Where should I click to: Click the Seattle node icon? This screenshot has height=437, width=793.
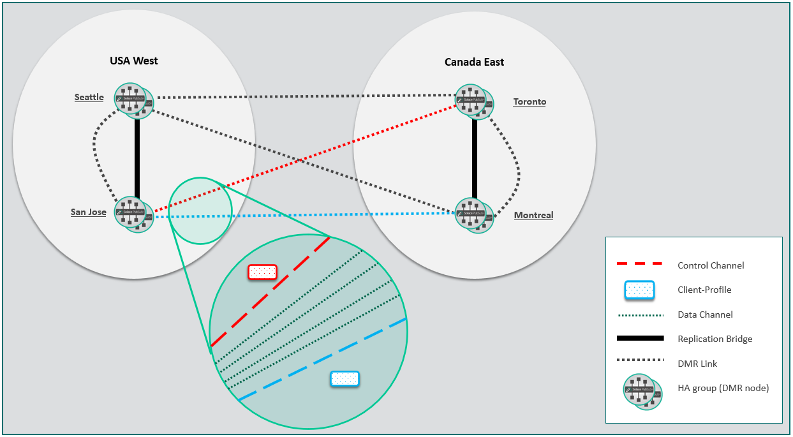132,100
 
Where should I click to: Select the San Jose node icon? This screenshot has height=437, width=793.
133,214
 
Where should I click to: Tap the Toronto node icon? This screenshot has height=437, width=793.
473,101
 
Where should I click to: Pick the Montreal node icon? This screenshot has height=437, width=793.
473,214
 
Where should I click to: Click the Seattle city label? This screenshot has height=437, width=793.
89,97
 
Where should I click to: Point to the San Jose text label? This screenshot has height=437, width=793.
88,212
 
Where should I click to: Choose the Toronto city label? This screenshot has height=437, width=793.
530,101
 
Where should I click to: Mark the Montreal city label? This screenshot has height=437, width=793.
533,215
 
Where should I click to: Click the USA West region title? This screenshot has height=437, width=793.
134,61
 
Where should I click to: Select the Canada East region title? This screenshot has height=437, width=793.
474,62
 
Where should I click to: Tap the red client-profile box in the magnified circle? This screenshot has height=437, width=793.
262,272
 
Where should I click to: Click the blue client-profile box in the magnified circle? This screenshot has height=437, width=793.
345,379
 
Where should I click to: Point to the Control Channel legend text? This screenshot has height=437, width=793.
711,265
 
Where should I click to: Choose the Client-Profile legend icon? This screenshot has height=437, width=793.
640,290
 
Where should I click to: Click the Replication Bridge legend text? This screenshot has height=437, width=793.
715,339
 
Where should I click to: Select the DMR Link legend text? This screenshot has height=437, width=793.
697,364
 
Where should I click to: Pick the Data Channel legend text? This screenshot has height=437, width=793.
705,315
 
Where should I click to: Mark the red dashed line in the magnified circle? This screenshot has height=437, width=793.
271,291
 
